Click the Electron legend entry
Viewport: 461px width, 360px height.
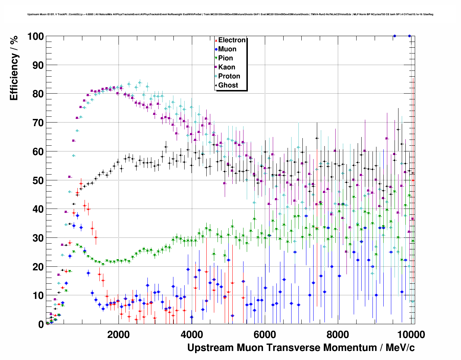[x=232, y=40]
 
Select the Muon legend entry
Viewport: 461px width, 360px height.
[x=227, y=49]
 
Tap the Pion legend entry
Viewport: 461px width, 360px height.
[x=225, y=58]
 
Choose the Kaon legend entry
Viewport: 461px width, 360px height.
[x=227, y=67]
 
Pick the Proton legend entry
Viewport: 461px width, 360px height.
[x=229, y=76]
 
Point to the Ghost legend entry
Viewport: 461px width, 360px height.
[x=228, y=85]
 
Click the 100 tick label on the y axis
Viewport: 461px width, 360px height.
[x=35, y=37]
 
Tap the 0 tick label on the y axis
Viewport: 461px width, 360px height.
[x=41, y=325]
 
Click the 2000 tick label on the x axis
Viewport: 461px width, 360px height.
[x=118, y=335]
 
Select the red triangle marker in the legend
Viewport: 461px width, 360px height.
[x=216, y=40]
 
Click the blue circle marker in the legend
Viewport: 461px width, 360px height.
[x=216, y=50]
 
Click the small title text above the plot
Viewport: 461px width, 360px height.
[x=230, y=14]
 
